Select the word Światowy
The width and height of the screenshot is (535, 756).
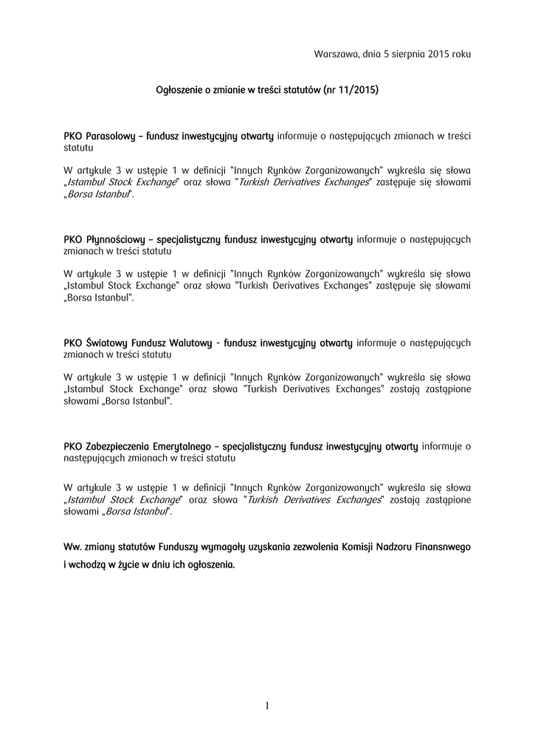107,343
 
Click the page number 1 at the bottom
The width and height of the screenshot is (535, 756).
267,707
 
